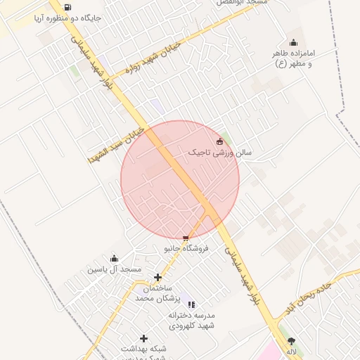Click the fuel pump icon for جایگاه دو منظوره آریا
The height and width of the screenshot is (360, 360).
(67, 8)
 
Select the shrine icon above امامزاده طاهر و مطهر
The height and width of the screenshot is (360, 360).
(293, 42)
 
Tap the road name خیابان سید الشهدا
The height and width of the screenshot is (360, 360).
(116, 146)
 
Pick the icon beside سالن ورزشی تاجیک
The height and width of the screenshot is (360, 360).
(219, 141)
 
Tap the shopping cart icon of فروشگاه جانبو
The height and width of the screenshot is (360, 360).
(186, 238)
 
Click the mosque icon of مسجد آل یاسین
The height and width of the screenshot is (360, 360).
(115, 259)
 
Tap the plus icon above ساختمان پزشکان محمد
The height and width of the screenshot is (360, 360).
(157, 278)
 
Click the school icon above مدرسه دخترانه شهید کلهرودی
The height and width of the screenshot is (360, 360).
(192, 304)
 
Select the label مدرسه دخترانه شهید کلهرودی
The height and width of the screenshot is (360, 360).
(191, 321)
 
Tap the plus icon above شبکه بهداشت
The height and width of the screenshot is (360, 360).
(144, 338)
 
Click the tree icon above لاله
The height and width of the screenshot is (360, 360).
(291, 340)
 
